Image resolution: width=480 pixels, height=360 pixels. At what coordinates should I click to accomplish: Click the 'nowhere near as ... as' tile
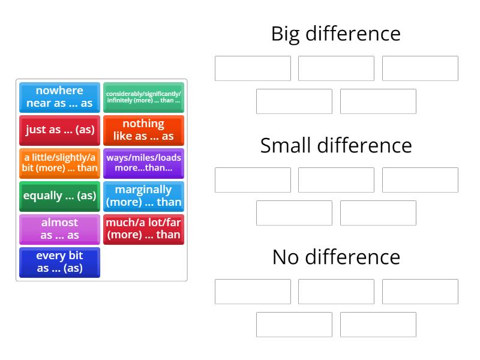(59, 97)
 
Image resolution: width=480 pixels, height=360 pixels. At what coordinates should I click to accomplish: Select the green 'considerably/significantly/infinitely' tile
(143, 97)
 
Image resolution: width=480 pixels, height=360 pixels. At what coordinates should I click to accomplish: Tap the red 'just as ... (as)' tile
(59, 130)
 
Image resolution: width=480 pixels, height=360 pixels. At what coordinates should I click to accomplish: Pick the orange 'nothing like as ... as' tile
(143, 130)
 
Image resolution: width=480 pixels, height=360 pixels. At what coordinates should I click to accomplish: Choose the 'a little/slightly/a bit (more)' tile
(59, 163)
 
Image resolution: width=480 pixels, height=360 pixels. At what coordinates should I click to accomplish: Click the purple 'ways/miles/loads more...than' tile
(143, 163)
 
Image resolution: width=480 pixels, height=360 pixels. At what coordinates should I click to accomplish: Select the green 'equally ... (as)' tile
(59, 196)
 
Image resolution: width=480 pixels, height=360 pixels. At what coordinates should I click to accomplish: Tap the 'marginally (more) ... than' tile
(143, 196)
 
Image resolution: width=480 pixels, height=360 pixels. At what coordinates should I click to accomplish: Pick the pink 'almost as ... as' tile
(59, 229)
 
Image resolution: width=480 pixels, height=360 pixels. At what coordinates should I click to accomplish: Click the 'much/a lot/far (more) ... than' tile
(143, 229)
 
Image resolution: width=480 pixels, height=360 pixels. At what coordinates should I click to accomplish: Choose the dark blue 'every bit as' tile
(59, 262)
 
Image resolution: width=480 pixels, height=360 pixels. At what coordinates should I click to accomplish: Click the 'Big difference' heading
(336, 34)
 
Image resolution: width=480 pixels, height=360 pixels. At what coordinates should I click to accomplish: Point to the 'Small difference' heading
(336, 145)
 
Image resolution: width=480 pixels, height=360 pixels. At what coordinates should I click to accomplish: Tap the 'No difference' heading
(336, 257)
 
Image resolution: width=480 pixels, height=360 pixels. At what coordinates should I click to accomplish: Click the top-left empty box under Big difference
(253, 68)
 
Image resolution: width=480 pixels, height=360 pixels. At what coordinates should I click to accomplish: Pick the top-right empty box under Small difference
(420, 180)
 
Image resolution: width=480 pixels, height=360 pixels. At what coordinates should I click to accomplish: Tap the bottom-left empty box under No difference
(294, 325)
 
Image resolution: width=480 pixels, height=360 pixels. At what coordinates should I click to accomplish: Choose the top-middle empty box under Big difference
(336, 68)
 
